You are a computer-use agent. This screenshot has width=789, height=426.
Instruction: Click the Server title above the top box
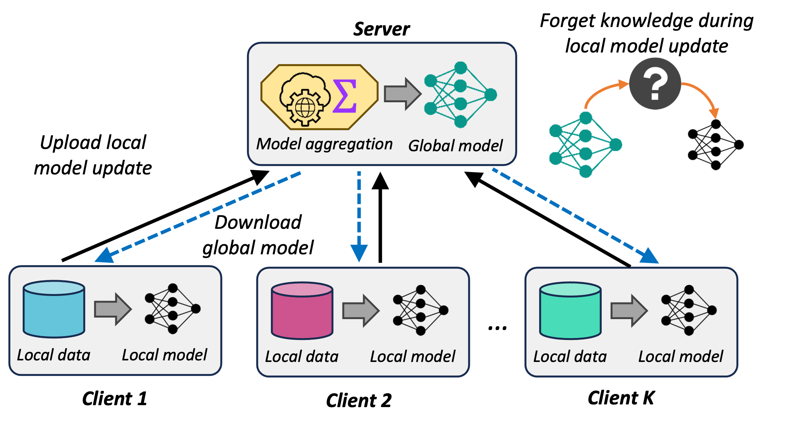381,29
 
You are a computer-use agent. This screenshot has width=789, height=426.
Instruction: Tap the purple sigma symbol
345,96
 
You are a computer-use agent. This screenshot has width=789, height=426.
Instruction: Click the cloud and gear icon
305,99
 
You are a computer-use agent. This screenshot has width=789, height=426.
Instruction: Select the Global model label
455,146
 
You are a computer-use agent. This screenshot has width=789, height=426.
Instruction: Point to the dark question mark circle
655,83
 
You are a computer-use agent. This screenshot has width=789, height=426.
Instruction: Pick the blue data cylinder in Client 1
54,309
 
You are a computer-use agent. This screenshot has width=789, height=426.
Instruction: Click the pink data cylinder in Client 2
302,311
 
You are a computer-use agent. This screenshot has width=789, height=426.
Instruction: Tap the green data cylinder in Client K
570,311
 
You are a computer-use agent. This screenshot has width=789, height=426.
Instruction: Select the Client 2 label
359,401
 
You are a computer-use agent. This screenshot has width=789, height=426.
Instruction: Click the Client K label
621,398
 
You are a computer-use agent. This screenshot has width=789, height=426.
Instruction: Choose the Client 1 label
115,399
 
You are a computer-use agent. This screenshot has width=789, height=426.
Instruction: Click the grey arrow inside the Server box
403,94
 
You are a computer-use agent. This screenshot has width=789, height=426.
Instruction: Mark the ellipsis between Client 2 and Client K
497,328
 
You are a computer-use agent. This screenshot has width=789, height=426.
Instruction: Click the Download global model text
258,235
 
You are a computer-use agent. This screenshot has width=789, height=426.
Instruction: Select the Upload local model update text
93,155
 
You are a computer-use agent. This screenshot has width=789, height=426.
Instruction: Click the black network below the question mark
716,145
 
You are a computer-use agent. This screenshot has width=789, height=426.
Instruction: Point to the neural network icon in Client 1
173,309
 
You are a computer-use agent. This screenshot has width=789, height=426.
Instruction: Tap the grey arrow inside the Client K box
629,311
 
